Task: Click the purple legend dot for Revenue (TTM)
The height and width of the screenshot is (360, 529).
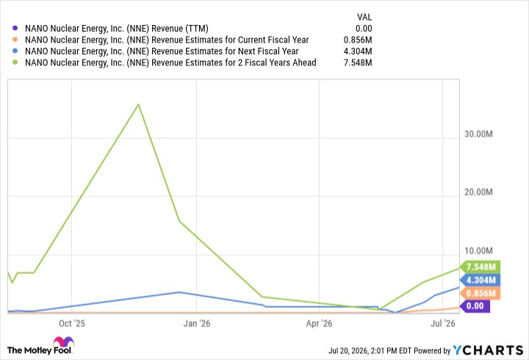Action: coord(15,29)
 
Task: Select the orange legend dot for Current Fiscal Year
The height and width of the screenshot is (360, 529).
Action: coord(15,40)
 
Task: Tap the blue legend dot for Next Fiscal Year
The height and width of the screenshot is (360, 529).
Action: coord(15,51)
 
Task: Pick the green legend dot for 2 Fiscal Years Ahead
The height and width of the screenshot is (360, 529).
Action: coord(15,62)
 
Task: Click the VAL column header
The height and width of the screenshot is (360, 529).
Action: coord(364,17)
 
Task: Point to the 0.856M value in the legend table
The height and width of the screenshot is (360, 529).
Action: coord(358,40)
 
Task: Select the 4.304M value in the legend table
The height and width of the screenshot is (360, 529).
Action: coord(358,51)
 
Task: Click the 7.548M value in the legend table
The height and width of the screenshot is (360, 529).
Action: coord(358,62)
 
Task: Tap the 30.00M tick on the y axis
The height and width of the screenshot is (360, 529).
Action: coord(478,134)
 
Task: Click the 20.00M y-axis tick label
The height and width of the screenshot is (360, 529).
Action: coord(478,192)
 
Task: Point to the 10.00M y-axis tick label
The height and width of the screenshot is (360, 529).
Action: coord(478,251)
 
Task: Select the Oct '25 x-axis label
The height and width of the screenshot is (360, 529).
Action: coord(72,323)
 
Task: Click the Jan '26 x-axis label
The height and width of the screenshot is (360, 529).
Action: coord(197,323)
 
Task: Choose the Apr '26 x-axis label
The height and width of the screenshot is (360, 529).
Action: coord(319,323)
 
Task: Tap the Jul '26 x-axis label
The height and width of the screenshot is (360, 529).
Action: coord(442,323)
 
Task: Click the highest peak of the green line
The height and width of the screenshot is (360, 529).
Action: coord(138,104)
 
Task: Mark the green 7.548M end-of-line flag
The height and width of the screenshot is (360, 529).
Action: coord(480,267)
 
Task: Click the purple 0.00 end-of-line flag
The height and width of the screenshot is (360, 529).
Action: coord(475,306)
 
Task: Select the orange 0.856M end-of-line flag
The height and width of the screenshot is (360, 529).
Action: coord(480,293)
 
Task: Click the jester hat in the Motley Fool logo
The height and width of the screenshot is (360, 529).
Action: coord(64,341)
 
